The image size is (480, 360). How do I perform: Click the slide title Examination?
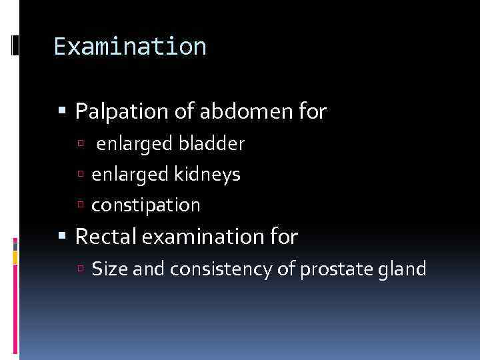(130, 47)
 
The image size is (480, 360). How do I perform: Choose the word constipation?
(145, 205)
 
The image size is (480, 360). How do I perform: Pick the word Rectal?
(103, 236)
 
